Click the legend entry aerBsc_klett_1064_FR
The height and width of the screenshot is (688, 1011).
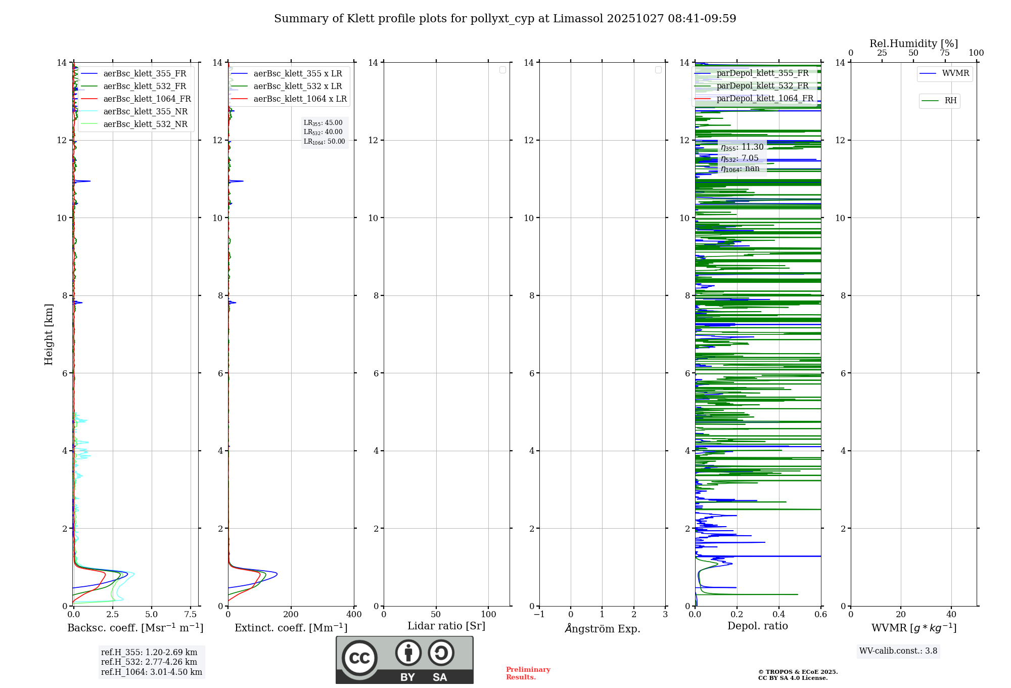[147, 99]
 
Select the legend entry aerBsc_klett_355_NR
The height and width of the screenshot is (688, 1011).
[145, 112]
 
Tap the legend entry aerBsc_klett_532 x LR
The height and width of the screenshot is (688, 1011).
[297, 87]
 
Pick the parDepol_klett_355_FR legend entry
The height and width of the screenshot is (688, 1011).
[762, 73]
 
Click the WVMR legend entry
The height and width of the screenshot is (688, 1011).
[955, 73]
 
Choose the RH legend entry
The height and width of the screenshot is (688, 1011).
[950, 101]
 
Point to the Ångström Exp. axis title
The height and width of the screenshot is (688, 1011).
[602, 628]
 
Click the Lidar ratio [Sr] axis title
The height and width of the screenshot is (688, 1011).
[446, 626]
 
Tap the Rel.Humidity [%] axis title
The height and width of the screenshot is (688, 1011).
[913, 44]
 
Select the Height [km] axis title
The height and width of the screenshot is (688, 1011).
[49, 334]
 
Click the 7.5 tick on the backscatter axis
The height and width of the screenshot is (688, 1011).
[191, 615]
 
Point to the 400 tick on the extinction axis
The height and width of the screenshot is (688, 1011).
[354, 615]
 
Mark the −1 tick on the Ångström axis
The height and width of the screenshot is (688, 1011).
[539, 615]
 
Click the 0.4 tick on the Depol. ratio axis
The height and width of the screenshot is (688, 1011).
[779, 615]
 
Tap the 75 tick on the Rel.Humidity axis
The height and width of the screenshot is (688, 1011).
[944, 53]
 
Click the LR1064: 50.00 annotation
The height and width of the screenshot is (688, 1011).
[324, 142]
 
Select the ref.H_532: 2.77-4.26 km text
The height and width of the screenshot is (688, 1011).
[149, 662]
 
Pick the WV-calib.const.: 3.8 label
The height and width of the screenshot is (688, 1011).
[898, 651]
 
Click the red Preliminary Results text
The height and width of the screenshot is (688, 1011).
[528, 673]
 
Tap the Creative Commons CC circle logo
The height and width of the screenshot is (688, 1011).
[359, 658]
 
